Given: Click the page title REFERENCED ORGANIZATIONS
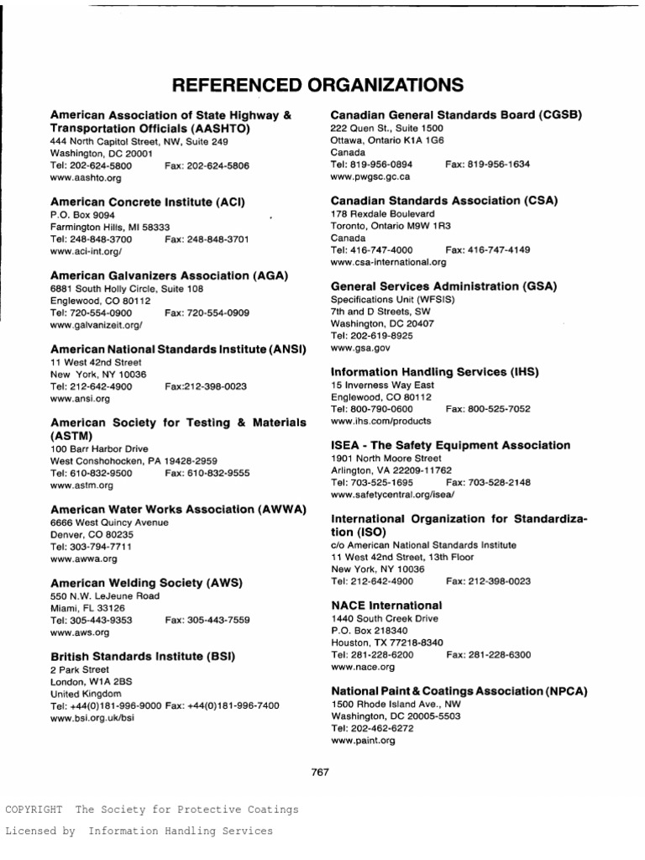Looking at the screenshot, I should point(317,85).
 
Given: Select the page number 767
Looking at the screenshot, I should point(320,772).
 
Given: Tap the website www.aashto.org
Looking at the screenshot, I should point(86,178).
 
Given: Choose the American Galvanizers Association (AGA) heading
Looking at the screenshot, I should point(169,275).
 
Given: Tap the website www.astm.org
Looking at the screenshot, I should point(82,485).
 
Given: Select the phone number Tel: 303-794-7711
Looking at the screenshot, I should point(91,547).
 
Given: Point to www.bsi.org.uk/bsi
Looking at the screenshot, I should point(92,718).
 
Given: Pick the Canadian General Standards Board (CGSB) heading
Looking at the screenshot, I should point(456,114).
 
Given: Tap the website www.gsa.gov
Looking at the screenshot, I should point(360,347).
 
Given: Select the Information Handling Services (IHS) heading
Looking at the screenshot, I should point(434,371).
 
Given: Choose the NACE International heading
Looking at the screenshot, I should point(386,605).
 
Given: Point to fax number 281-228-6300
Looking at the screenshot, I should point(488,654).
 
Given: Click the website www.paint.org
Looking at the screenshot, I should point(363,741).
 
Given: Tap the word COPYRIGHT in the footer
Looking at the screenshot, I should point(34,810).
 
